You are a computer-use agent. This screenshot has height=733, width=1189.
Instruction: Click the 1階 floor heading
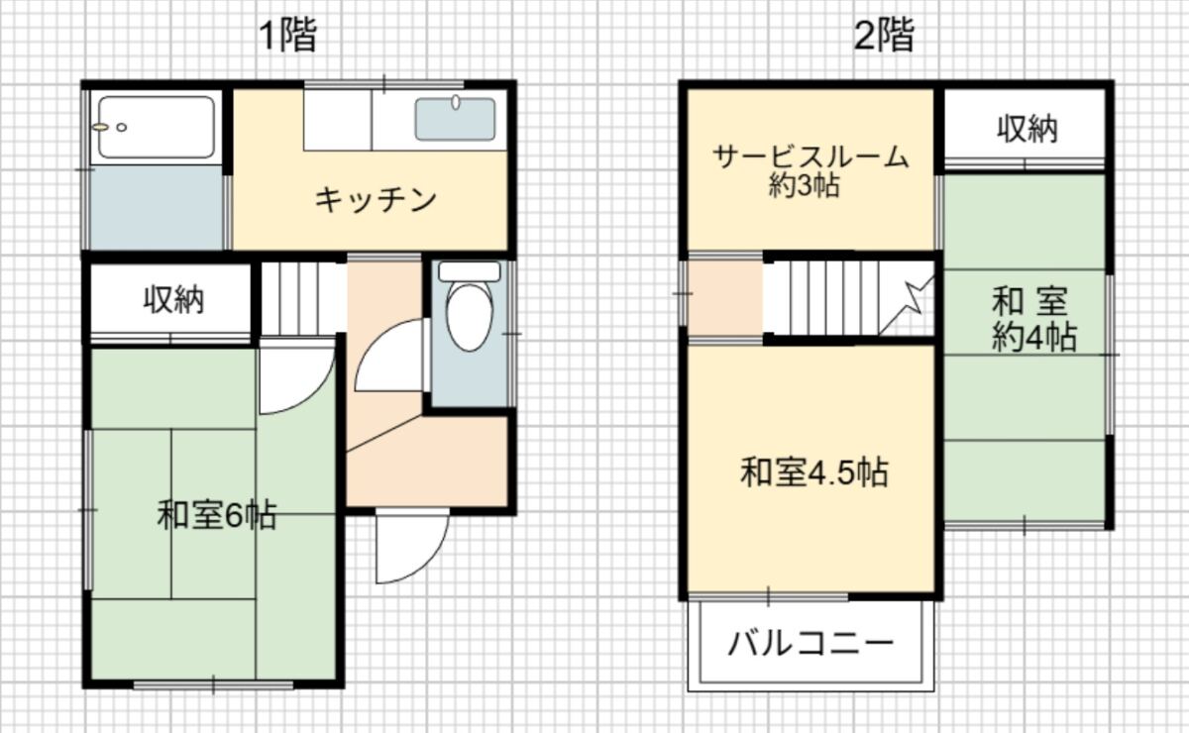point(288,36)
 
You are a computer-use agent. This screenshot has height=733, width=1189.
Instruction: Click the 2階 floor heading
point(884,36)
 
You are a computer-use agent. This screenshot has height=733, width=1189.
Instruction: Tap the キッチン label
point(376,200)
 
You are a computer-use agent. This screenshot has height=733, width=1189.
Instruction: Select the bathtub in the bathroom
point(157,128)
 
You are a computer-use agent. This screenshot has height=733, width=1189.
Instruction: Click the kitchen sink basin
point(455,119)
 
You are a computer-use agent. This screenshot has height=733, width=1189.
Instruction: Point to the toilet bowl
point(470,317)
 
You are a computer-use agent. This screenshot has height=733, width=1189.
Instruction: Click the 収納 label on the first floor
point(173,300)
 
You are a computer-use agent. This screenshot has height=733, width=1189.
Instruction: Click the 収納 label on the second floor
point(1027,129)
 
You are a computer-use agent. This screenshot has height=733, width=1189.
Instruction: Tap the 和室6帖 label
point(217,515)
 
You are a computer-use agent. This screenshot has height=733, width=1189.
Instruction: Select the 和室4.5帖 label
point(814,471)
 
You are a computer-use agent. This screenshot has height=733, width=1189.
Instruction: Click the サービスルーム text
point(811,157)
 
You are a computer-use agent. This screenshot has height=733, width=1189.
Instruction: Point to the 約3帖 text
point(805,185)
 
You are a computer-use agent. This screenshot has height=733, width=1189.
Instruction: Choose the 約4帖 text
point(1034,337)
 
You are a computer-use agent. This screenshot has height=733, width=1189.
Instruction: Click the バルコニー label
point(811,643)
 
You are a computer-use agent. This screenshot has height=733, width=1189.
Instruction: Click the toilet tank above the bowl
point(470,271)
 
